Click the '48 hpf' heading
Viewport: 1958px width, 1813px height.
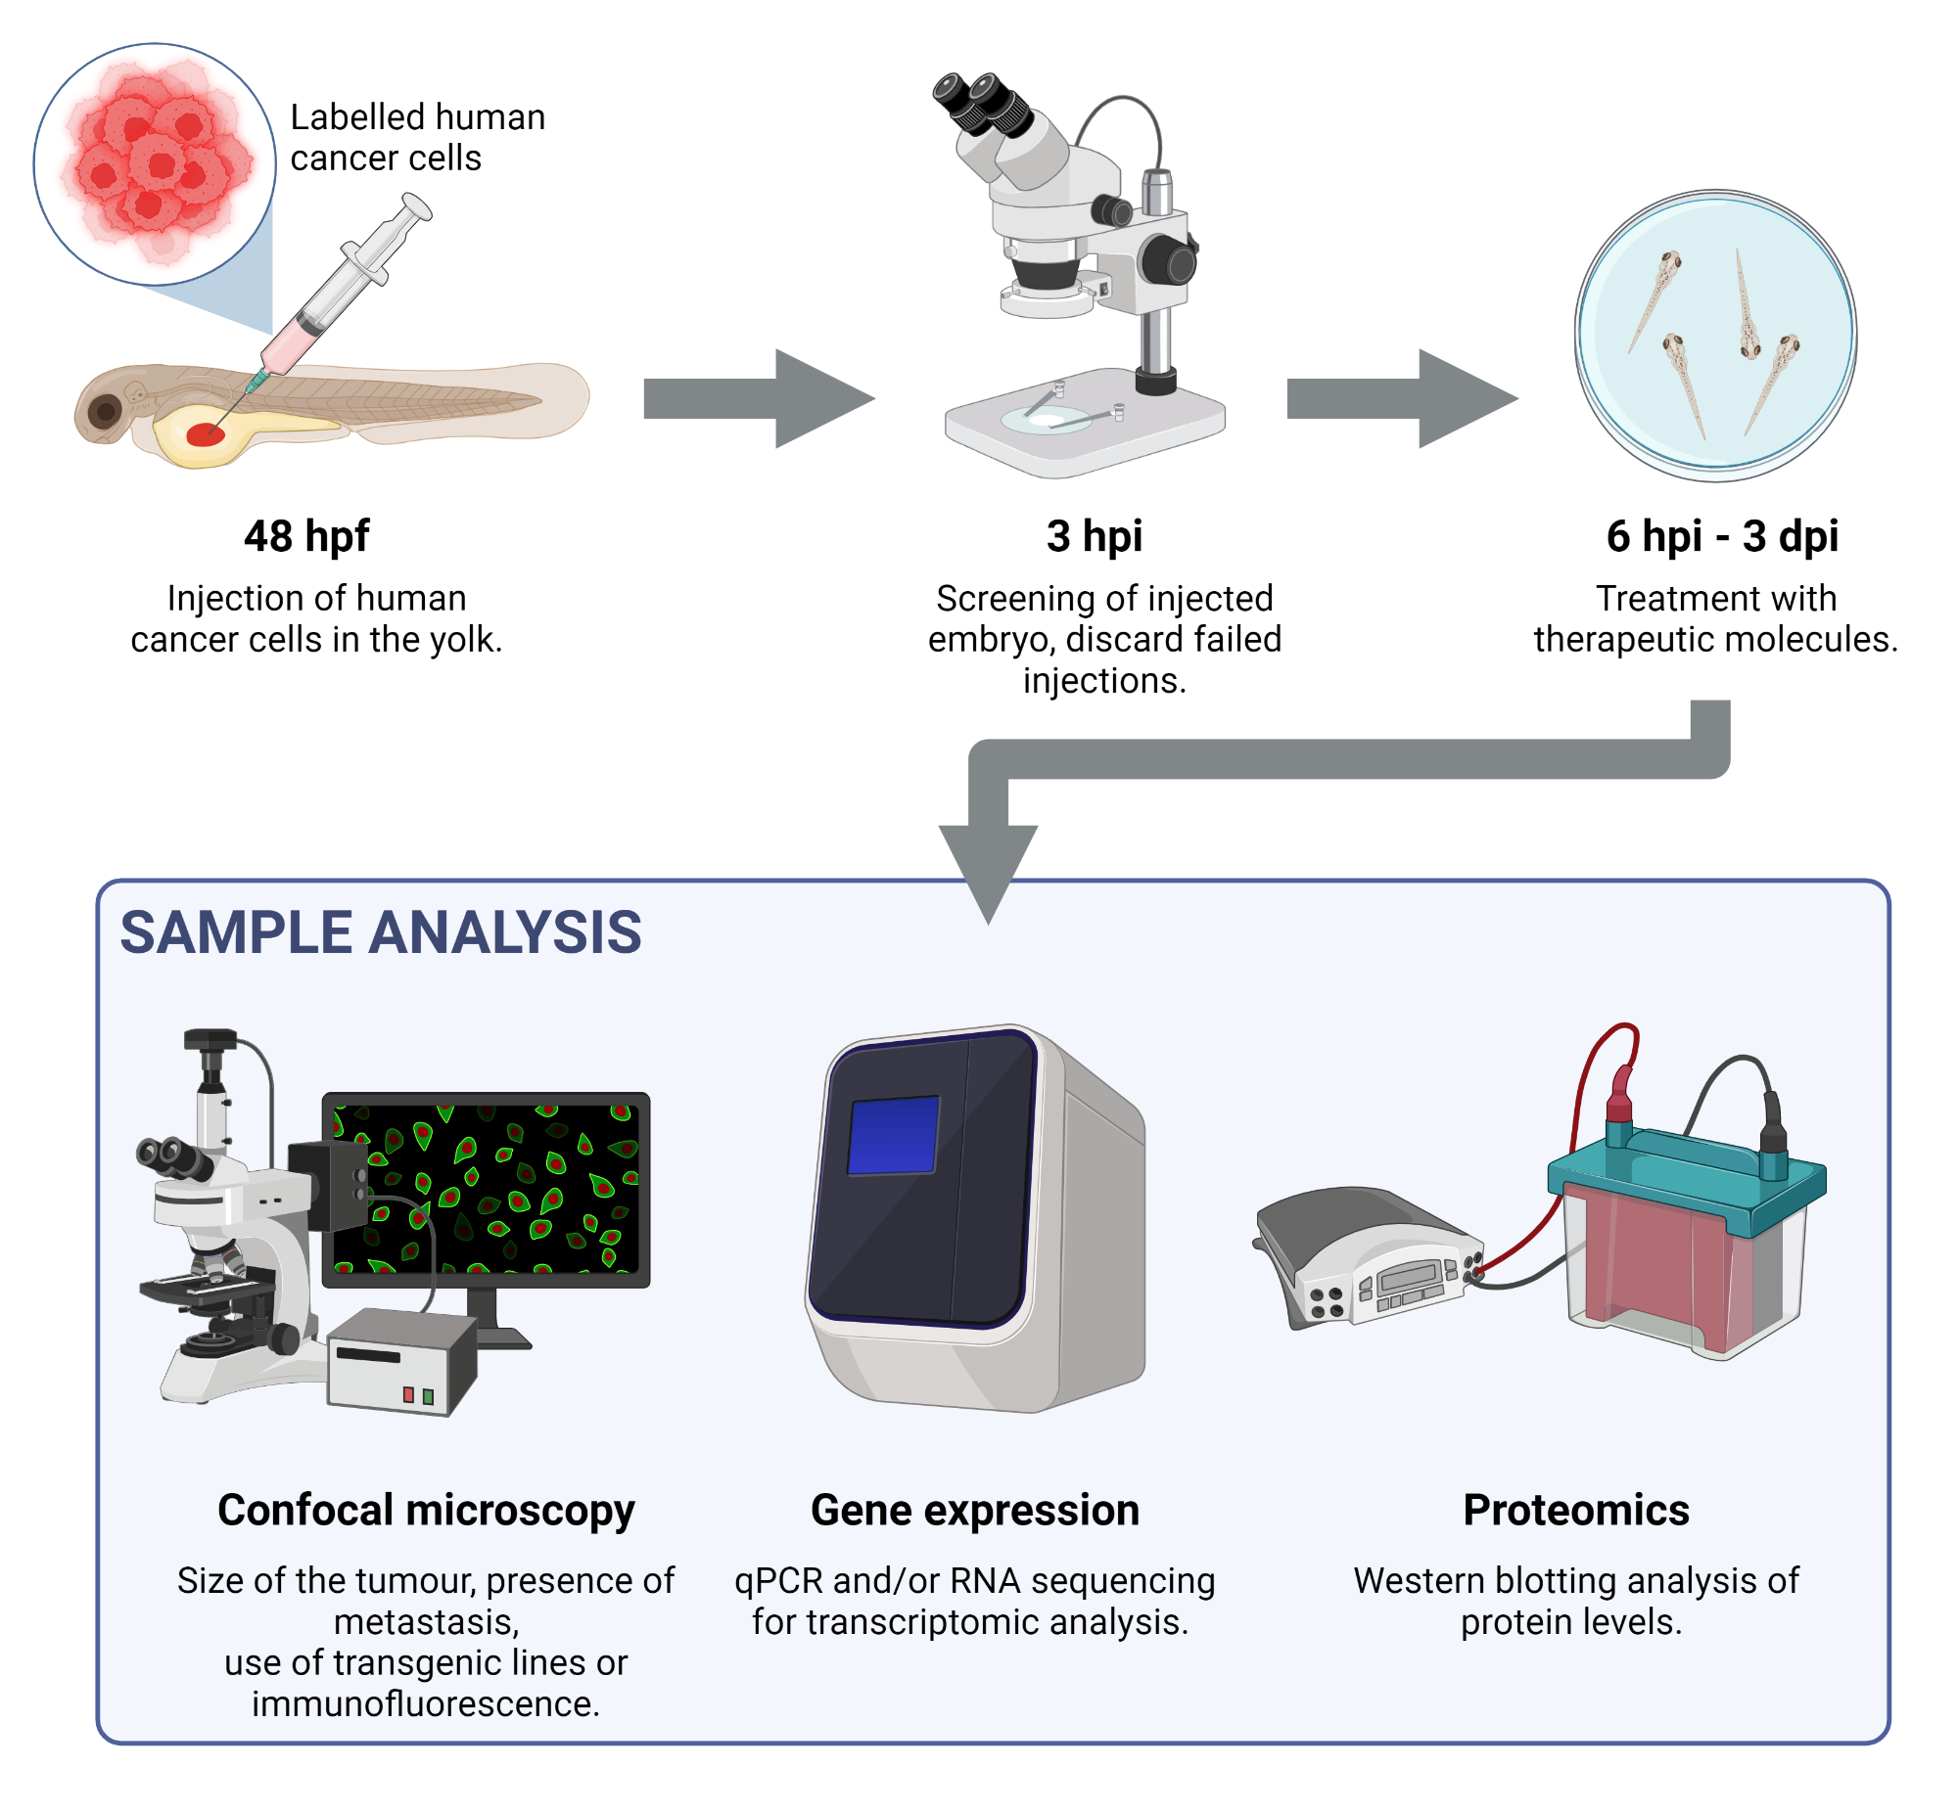(x=306, y=536)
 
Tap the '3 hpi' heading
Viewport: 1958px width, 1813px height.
(x=1094, y=536)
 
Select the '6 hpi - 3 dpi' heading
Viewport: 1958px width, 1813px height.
(x=1720, y=536)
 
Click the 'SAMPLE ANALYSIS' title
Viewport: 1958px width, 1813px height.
(x=380, y=932)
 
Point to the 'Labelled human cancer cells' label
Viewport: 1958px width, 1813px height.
(x=416, y=137)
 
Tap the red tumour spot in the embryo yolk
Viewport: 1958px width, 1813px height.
(x=206, y=434)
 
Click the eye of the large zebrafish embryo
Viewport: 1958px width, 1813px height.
(x=104, y=410)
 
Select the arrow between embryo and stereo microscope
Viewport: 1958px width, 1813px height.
(x=756, y=398)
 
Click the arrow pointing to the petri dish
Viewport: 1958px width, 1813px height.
(x=1399, y=398)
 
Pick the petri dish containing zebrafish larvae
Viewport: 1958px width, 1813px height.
(x=1713, y=336)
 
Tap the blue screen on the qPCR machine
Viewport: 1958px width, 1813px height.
(x=892, y=1134)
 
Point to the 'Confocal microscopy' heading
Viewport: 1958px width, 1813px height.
(x=425, y=1510)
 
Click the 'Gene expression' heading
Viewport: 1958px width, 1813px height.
(x=973, y=1510)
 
